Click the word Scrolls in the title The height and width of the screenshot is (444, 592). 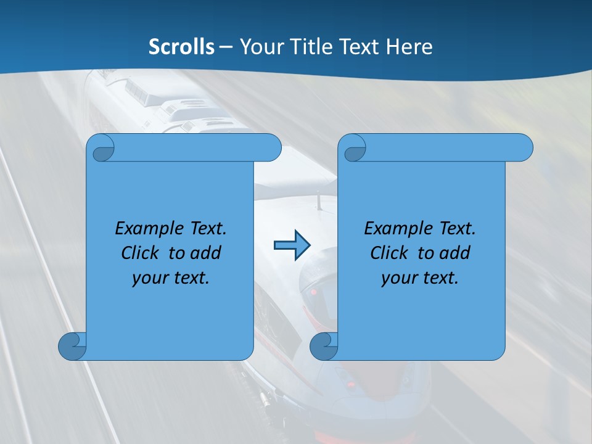pos(182,47)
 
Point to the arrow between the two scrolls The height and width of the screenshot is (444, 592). pos(292,245)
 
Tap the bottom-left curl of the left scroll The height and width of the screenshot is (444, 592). pos(72,347)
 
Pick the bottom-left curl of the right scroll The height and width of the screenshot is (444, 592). pos(323,347)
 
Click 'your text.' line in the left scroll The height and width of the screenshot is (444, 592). pos(171,277)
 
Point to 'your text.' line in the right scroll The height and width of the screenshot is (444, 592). pos(420,277)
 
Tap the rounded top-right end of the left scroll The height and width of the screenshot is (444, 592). pos(272,147)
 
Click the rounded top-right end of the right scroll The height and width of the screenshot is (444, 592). pos(524,147)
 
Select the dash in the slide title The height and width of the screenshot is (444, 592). pos(226,47)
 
